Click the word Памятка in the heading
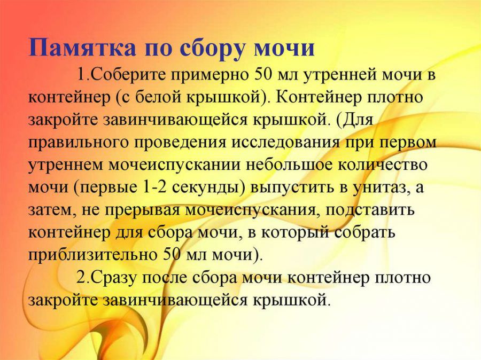82,48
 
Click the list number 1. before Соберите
83,75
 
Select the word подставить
370,210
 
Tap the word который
294,233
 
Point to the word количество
383,165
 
